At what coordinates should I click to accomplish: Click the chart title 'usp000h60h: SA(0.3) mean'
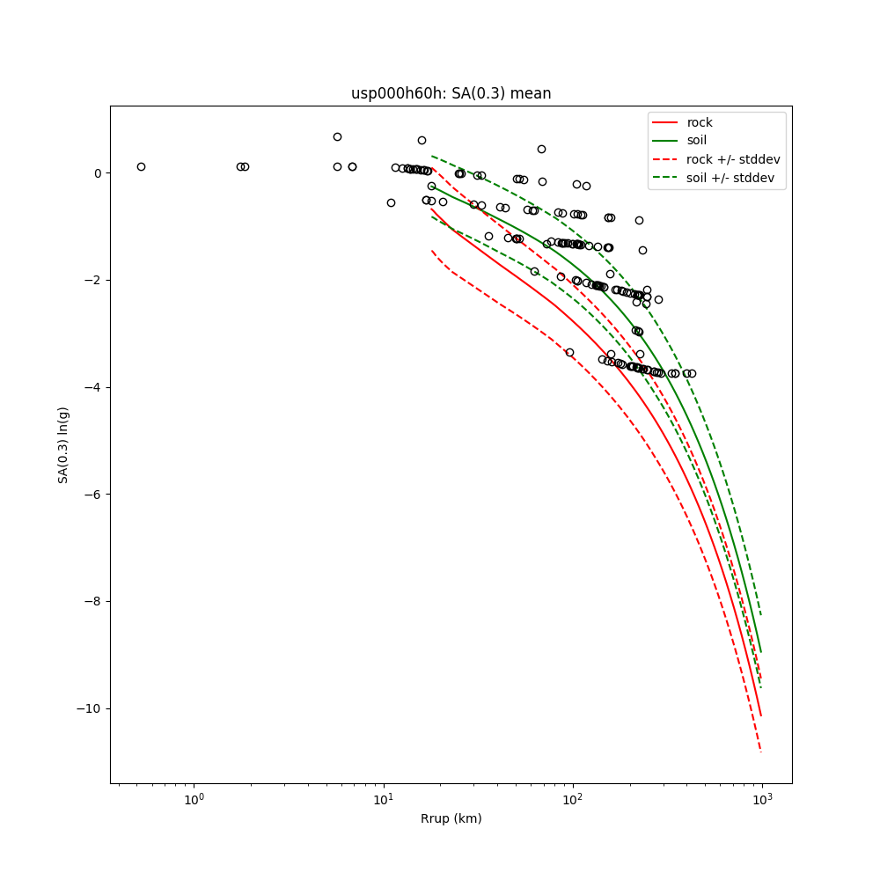pos(451,93)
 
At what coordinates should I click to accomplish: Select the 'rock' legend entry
pos(700,122)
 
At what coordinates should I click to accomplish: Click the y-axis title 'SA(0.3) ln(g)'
pos(63,444)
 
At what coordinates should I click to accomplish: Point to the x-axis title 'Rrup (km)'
pos(451,818)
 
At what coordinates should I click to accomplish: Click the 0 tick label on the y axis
pos(98,173)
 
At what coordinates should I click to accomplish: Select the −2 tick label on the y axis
pos(93,281)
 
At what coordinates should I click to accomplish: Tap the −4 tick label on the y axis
pos(93,387)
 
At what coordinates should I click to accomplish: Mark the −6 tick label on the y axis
pos(93,495)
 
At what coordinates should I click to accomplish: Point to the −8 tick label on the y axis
pos(93,602)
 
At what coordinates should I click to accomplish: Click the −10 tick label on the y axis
pos(90,709)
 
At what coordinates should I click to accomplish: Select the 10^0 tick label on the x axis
pos(194,798)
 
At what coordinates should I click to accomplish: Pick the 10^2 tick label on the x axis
pos(573,798)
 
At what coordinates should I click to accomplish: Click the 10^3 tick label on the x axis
pos(762,798)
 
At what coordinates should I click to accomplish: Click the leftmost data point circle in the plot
pos(141,166)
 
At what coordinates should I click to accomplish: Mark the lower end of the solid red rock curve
pos(760,715)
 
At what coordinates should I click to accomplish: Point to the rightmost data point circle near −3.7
pos(692,373)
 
